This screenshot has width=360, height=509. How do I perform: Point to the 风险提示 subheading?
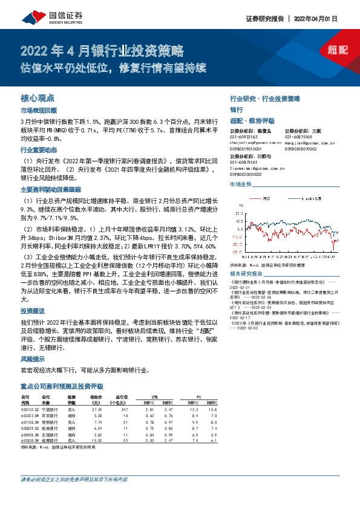[33, 358]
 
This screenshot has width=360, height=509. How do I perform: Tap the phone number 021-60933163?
[245, 137]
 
